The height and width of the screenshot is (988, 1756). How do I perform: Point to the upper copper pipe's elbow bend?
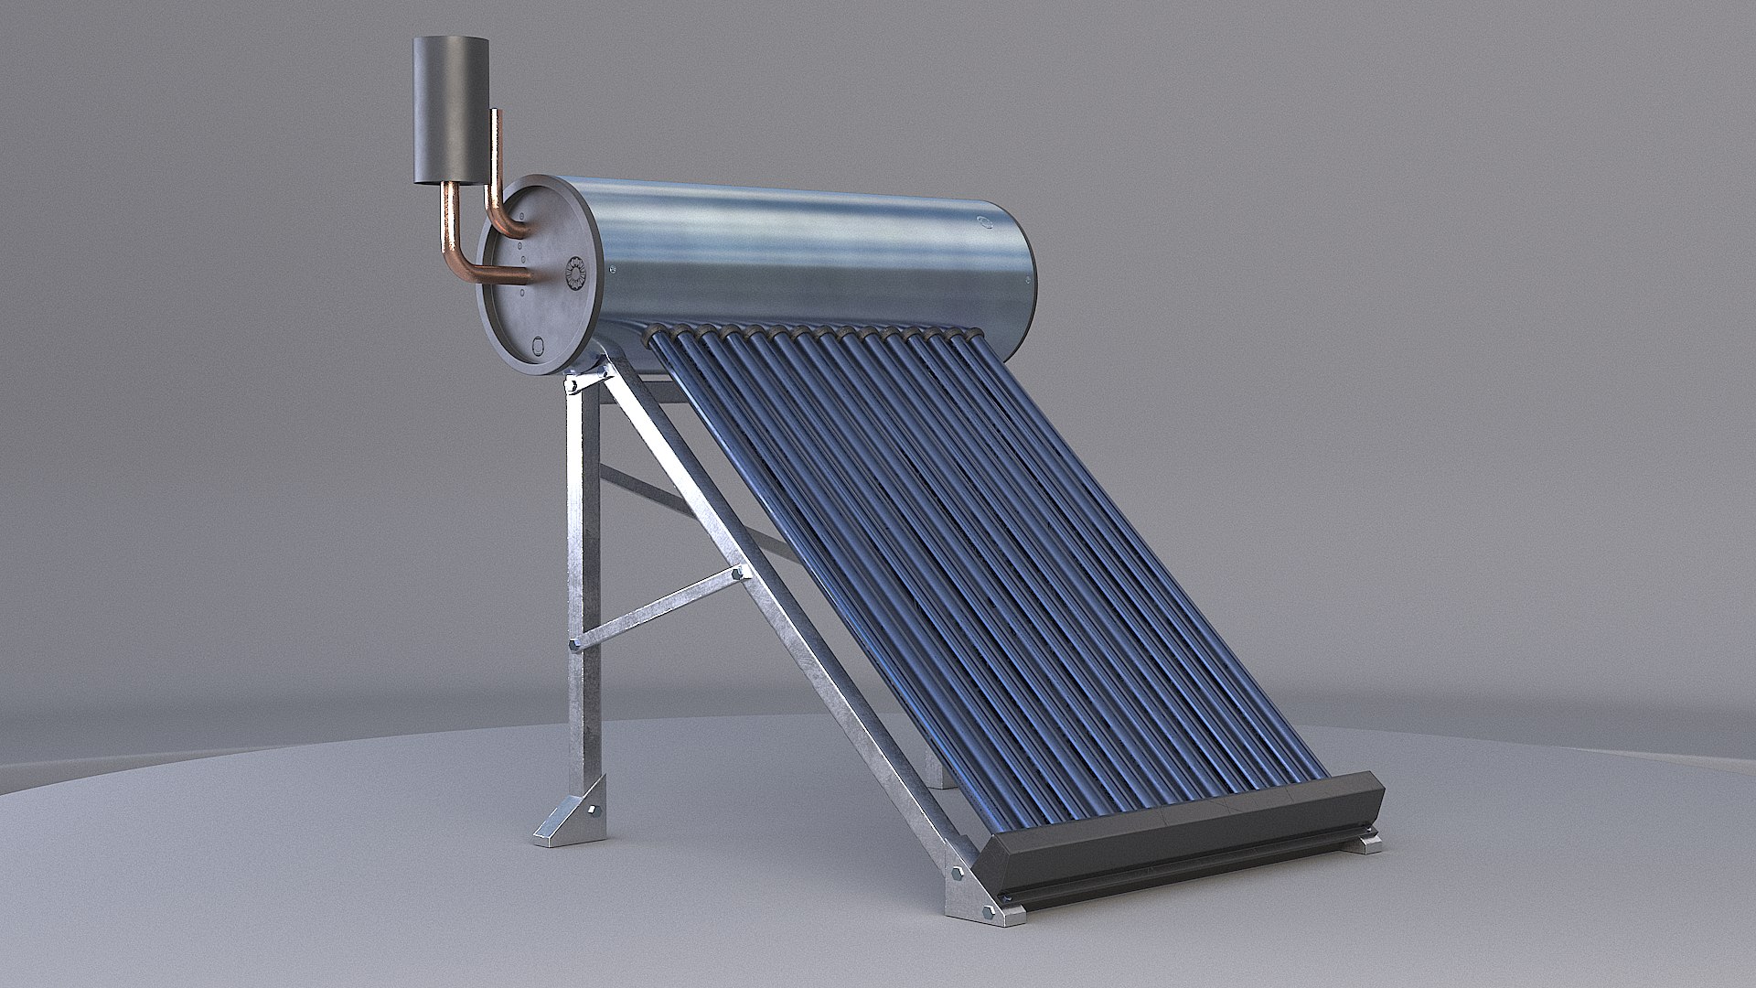499,220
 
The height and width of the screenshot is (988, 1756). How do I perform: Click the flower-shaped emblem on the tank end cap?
575,273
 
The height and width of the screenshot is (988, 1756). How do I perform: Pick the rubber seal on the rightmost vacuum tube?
962,339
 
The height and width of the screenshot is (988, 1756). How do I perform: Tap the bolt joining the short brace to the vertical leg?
575,645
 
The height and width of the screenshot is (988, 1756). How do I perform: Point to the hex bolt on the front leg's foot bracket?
594,810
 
